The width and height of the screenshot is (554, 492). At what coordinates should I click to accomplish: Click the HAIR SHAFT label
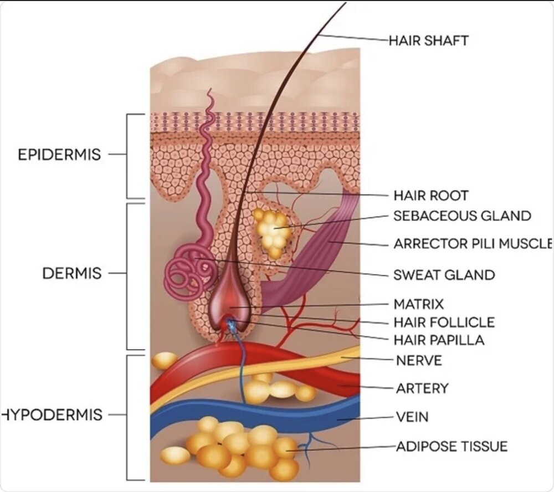429,40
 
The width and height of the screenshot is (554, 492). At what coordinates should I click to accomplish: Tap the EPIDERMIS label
59,155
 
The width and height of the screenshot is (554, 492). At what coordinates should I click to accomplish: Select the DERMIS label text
71,273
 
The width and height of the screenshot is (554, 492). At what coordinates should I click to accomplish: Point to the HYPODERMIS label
52,414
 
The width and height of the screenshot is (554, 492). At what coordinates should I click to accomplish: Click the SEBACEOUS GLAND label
462,216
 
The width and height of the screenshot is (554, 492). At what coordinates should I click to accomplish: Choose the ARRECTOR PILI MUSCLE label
473,244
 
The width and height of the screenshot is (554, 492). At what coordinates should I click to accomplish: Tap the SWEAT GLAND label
444,275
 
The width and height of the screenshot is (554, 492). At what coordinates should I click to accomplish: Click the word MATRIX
418,304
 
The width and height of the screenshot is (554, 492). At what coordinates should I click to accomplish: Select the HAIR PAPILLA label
439,340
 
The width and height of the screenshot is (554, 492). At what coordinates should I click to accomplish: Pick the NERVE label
419,361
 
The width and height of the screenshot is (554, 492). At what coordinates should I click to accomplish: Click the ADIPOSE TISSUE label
452,447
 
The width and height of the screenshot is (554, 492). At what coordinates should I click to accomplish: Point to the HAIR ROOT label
431,195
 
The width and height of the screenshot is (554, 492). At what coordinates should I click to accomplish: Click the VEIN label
412,417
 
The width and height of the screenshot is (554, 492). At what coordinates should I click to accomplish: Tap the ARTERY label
422,388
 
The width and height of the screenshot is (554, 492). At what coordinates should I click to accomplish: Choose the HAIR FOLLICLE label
444,322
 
